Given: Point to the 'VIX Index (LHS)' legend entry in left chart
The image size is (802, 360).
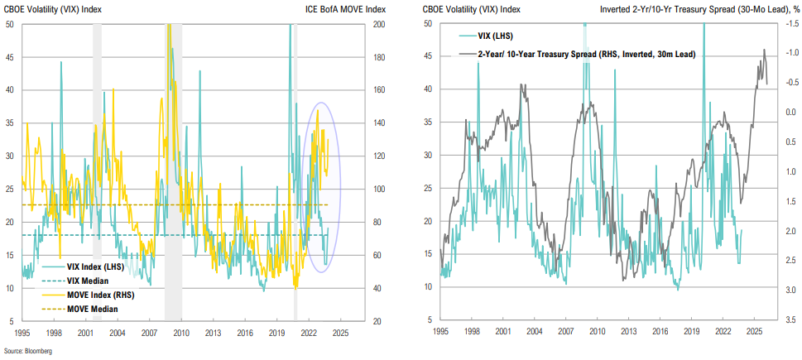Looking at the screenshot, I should coord(98,268).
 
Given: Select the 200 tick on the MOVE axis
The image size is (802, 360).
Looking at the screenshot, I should coord(377,24).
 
